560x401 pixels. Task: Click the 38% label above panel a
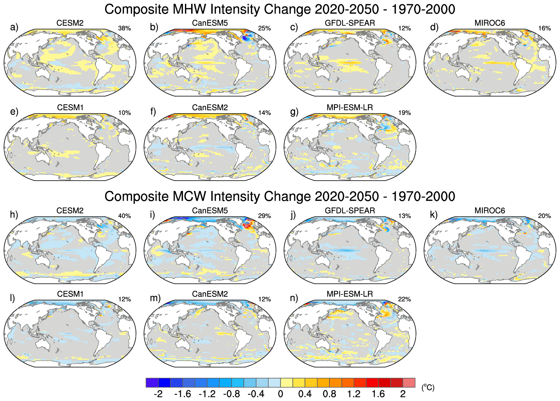click(124, 28)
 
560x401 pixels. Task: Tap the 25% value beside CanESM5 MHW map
click(264, 28)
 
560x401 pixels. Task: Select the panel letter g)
click(294, 112)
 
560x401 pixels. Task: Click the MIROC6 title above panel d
click(489, 23)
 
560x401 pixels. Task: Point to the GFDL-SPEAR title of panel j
click(350, 211)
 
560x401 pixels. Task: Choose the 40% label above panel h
click(124, 216)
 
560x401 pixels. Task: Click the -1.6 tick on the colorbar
click(182, 394)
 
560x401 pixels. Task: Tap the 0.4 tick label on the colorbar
click(305, 394)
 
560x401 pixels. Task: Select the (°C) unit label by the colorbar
click(428, 388)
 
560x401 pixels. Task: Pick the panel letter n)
click(294, 298)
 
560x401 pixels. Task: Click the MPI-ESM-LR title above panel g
click(350, 108)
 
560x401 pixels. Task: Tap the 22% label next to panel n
click(404, 299)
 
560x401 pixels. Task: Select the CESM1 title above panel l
click(70, 294)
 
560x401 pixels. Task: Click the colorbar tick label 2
click(403, 394)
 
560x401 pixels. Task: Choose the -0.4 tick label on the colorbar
click(255, 394)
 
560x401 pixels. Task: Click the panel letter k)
click(434, 215)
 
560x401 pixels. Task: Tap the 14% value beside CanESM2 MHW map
click(264, 113)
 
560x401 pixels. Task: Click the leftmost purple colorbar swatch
click(152, 383)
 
